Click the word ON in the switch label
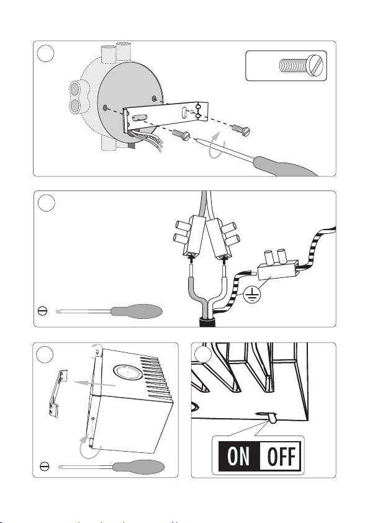(x=238, y=456)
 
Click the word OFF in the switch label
(x=281, y=456)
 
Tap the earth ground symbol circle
(x=252, y=295)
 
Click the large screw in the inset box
(x=301, y=65)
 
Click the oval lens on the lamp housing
(x=128, y=372)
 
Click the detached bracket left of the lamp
(x=57, y=393)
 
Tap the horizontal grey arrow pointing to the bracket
(x=94, y=383)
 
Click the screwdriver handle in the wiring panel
(x=137, y=311)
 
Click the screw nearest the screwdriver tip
(x=181, y=135)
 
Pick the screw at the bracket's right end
(x=241, y=130)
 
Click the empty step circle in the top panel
(x=46, y=54)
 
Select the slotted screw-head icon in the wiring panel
(x=43, y=311)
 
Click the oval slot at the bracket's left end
(x=140, y=117)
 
